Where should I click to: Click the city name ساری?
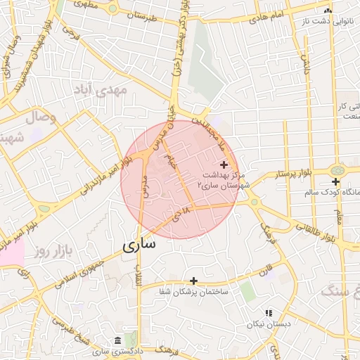click(x=139, y=247)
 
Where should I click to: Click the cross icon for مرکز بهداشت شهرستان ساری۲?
click(x=224, y=164)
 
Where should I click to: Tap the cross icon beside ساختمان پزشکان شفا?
click(x=193, y=281)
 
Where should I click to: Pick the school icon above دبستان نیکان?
click(x=268, y=313)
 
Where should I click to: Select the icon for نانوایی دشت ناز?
click(x=327, y=11)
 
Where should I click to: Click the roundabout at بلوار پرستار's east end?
click(x=338, y=170)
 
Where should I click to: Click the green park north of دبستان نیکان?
click(x=247, y=290)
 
